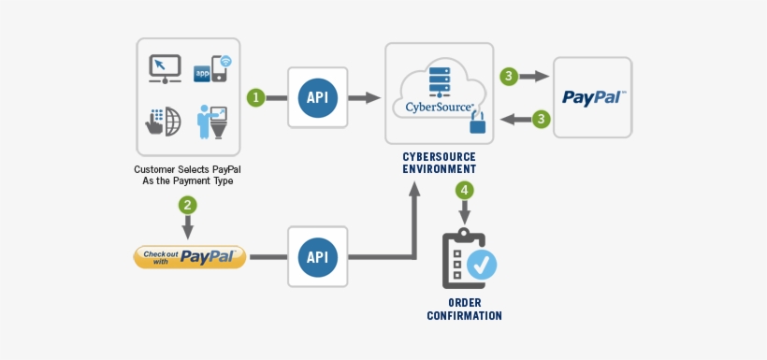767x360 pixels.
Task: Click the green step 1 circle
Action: pos(255,97)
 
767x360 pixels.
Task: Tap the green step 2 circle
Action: pos(188,205)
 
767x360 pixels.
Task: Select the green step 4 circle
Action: pos(464,190)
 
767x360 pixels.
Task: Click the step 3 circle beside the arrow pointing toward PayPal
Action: pos(508,77)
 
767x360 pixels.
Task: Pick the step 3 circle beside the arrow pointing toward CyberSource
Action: pos(540,119)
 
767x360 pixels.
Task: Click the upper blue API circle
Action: pos(318,97)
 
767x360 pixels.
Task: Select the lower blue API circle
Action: pos(318,256)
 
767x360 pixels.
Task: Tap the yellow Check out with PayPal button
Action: pos(190,256)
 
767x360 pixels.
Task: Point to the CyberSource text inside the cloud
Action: pos(439,107)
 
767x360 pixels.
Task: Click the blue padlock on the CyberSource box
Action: pos(479,122)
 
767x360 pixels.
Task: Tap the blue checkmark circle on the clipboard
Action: pos(482,265)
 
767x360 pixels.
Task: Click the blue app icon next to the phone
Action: pos(202,72)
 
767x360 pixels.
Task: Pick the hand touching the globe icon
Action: pos(163,122)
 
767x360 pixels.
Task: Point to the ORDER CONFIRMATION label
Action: pos(465,310)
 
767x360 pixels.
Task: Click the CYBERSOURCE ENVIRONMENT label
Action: pos(439,163)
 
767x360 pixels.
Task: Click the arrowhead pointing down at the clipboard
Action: pos(464,218)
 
